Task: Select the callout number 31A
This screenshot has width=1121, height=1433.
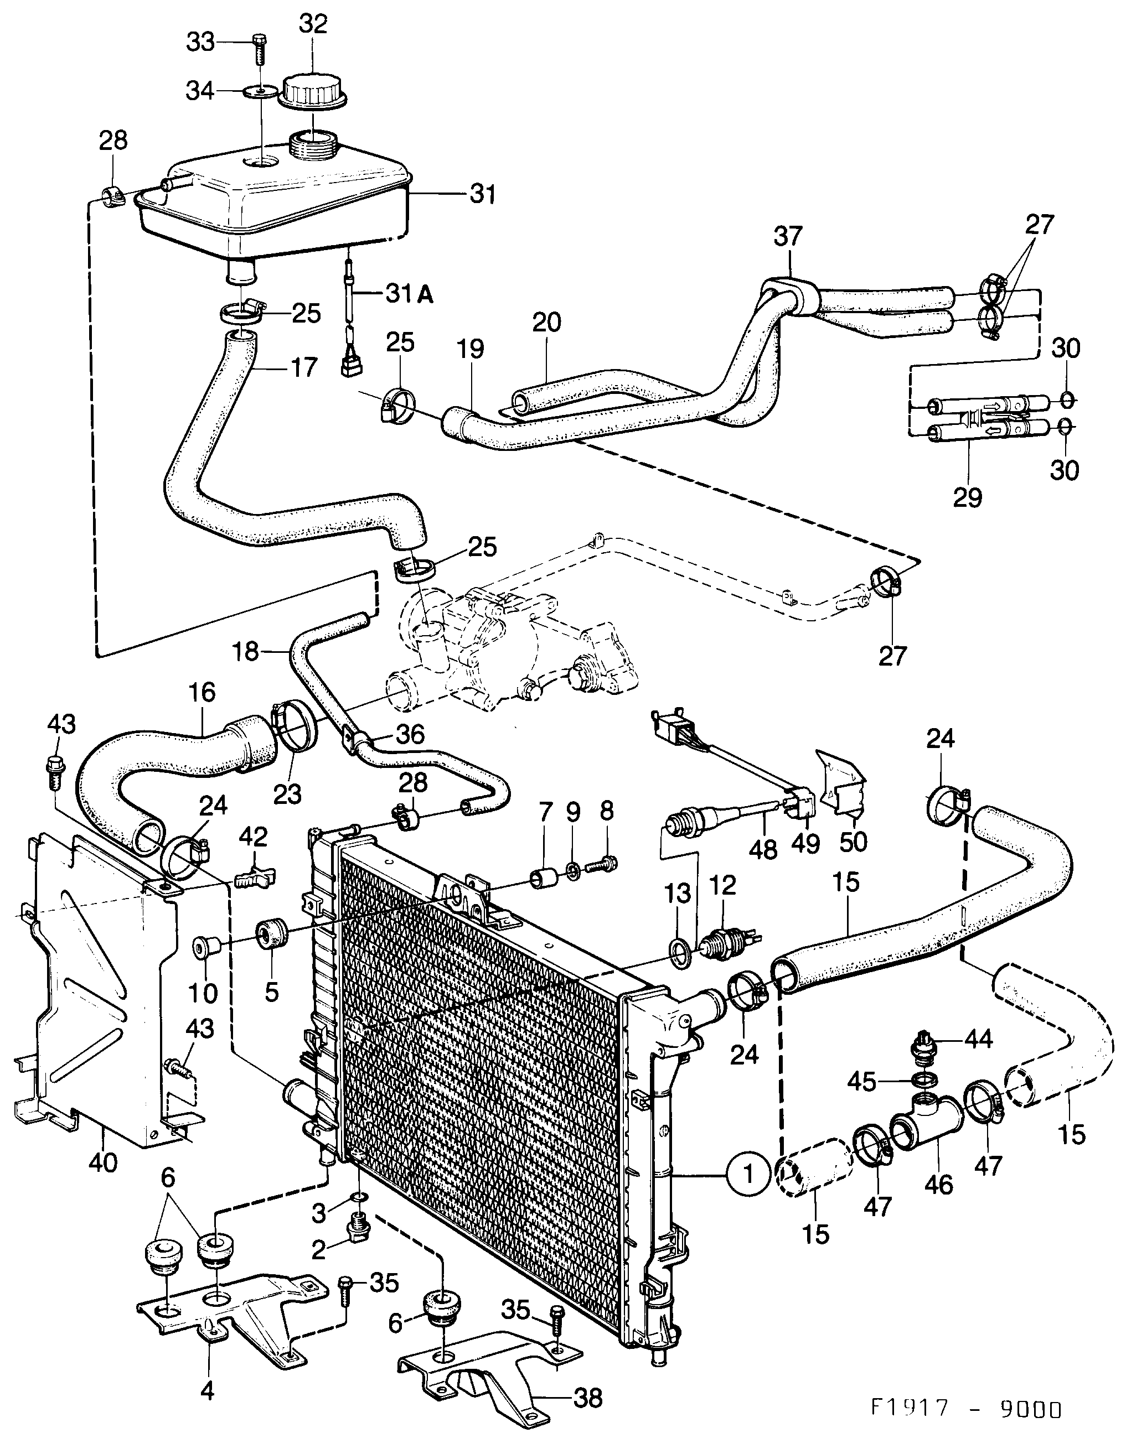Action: (x=410, y=295)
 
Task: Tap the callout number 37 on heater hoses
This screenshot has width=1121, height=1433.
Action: (x=788, y=236)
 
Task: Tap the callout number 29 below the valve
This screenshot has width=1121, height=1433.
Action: (x=968, y=497)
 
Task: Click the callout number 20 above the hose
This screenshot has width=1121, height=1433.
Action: (x=547, y=322)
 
